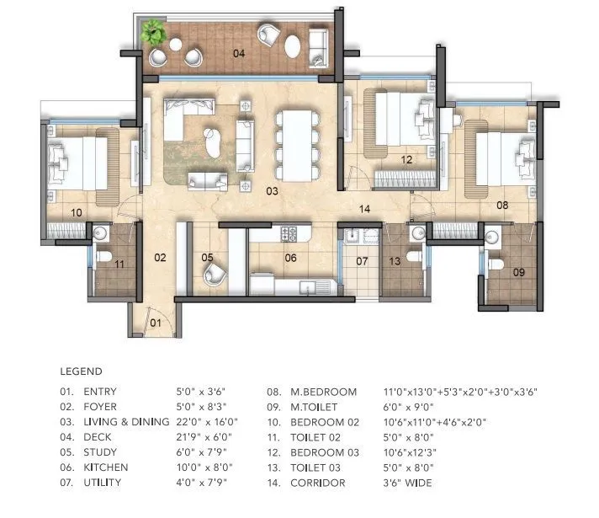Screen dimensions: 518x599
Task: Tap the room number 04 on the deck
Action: tap(239, 54)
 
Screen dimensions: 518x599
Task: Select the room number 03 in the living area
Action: tap(272, 191)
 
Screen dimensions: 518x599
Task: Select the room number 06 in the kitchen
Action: tap(290, 259)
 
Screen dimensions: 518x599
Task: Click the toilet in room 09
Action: tap(496, 264)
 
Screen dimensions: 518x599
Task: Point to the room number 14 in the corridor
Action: tap(364, 209)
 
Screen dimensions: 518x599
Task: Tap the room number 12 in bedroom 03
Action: tap(405, 159)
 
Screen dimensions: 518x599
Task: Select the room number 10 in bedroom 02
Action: tap(76, 212)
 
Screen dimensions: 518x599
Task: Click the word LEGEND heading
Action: tap(81, 371)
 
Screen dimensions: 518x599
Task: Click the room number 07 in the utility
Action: tap(362, 261)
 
